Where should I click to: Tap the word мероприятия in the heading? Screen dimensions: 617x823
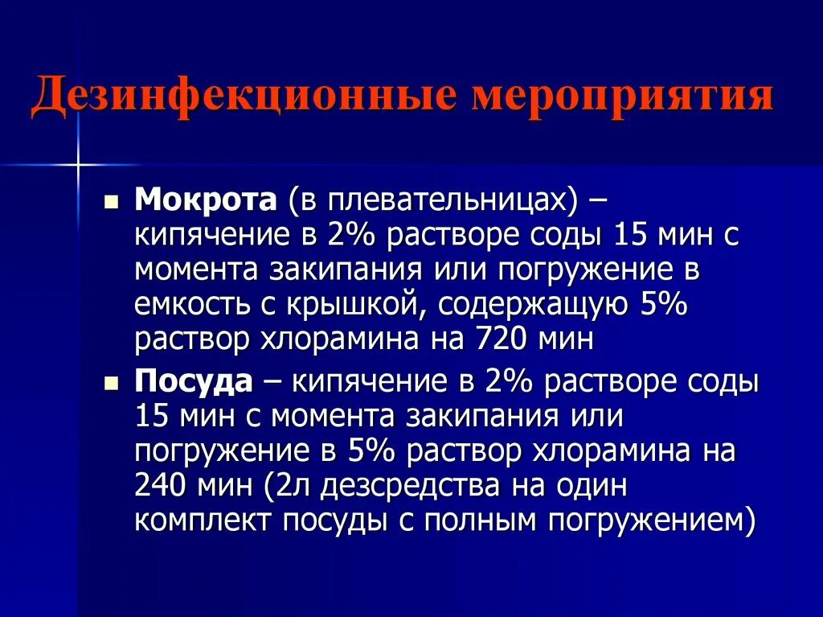[x=623, y=97]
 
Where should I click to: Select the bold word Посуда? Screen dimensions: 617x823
[x=194, y=381]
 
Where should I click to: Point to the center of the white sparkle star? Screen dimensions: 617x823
[x=78, y=164]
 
